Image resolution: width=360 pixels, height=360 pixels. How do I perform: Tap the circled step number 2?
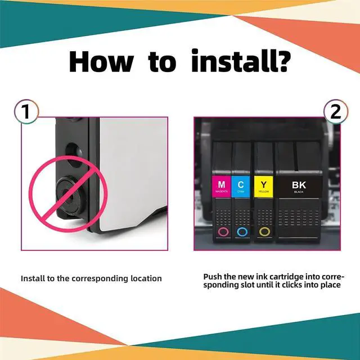tap(335, 111)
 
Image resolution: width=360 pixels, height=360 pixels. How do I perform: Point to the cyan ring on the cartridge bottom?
tap(242, 231)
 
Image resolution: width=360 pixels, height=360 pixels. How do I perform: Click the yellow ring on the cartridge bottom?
tap(264, 231)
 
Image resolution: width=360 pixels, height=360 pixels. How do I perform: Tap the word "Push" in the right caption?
tap(214, 277)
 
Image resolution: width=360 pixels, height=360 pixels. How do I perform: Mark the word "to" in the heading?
tap(163, 62)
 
